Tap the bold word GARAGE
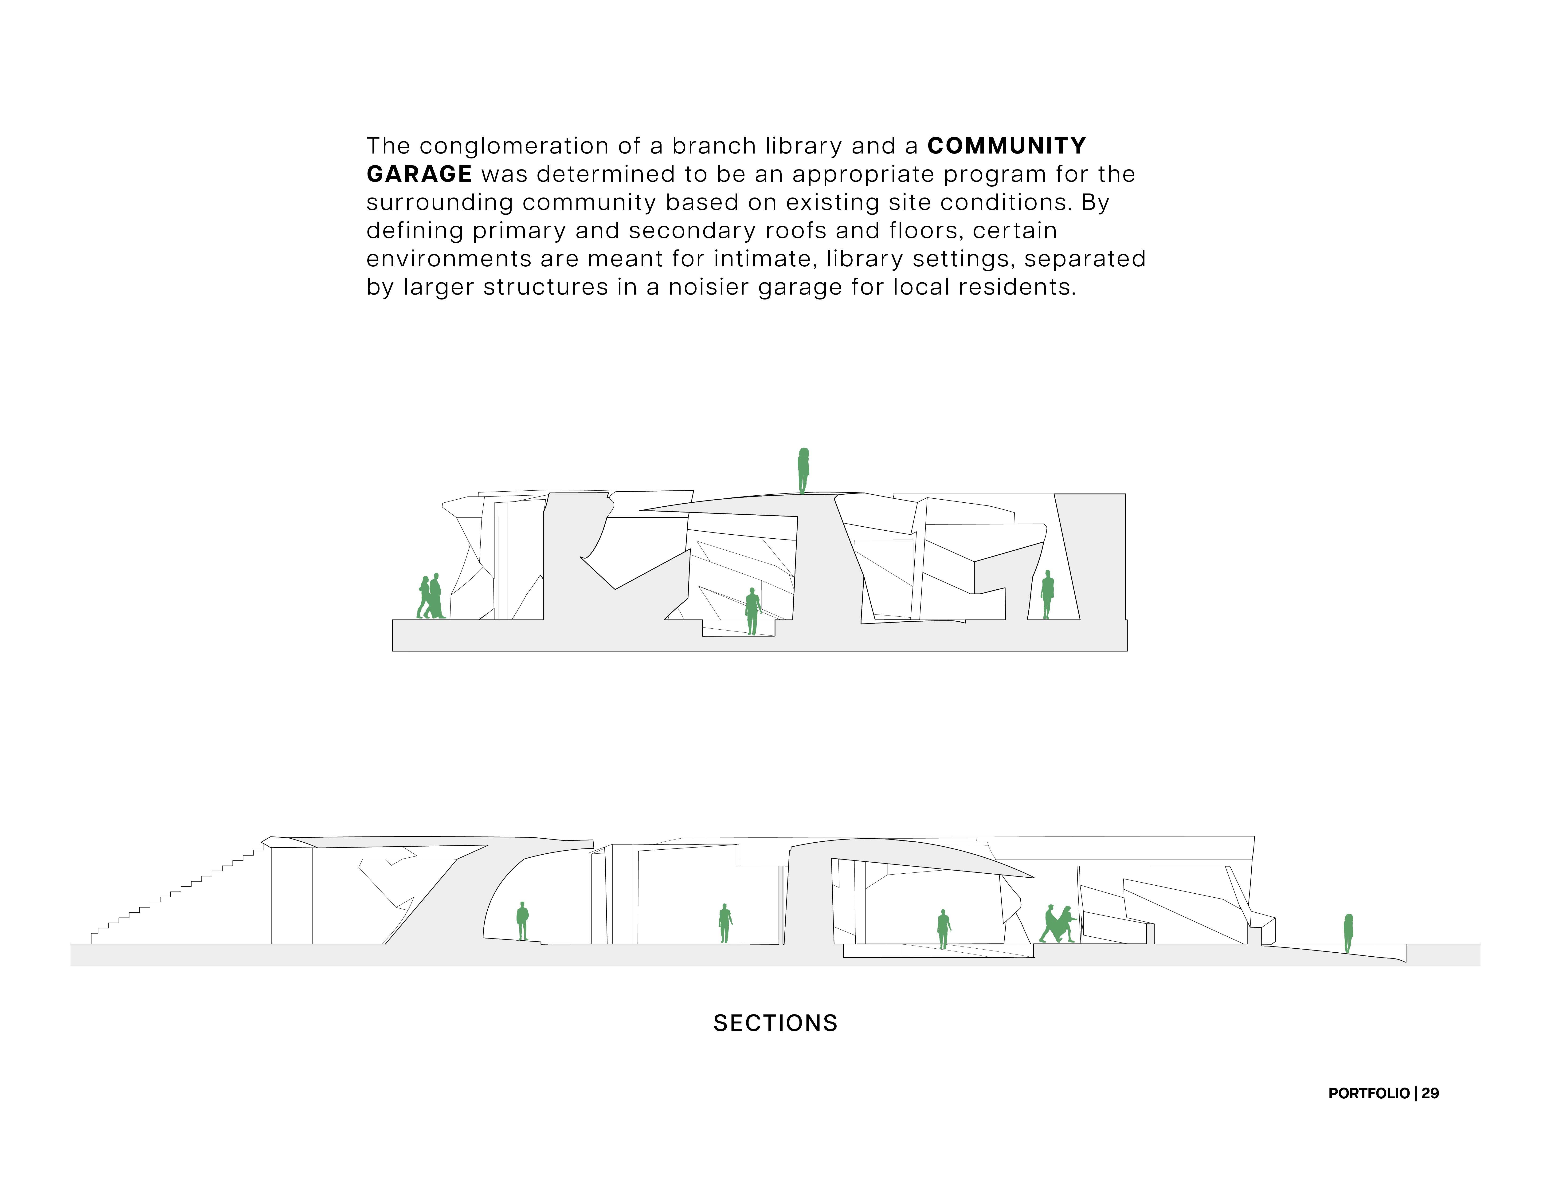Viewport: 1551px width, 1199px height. pos(419,174)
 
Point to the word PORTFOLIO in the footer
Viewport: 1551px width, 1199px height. pos(1368,1093)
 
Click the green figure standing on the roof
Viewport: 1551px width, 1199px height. pos(803,470)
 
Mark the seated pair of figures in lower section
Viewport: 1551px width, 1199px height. pos(1058,924)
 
